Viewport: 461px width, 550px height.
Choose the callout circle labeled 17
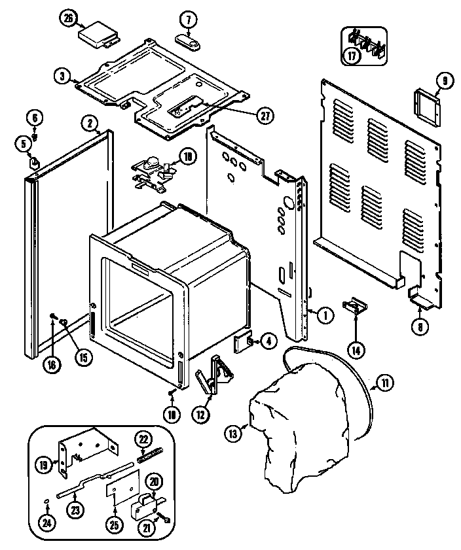(x=352, y=56)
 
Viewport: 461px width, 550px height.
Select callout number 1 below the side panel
(x=325, y=314)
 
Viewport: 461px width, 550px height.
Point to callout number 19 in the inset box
(x=43, y=465)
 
